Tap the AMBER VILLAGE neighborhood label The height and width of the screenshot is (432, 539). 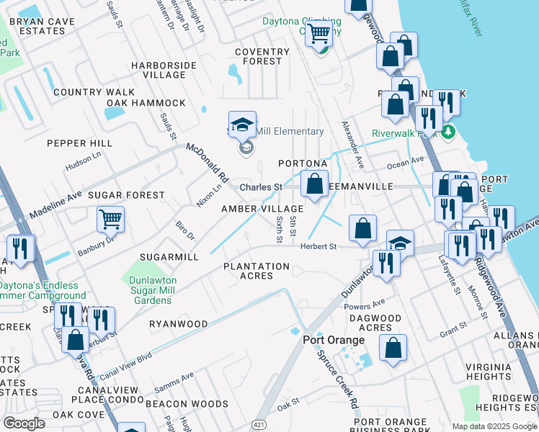pos(262,208)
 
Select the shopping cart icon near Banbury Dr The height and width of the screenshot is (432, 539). pos(111,219)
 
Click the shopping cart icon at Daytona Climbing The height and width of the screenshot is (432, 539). pos(318,33)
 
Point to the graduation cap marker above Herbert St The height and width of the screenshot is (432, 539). pos(400,243)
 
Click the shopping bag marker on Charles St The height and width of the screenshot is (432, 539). pos(314,184)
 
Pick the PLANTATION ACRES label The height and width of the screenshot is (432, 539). pos(257,271)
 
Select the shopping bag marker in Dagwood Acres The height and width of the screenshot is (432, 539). pos(393,348)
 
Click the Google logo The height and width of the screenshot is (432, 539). pos(24,423)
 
